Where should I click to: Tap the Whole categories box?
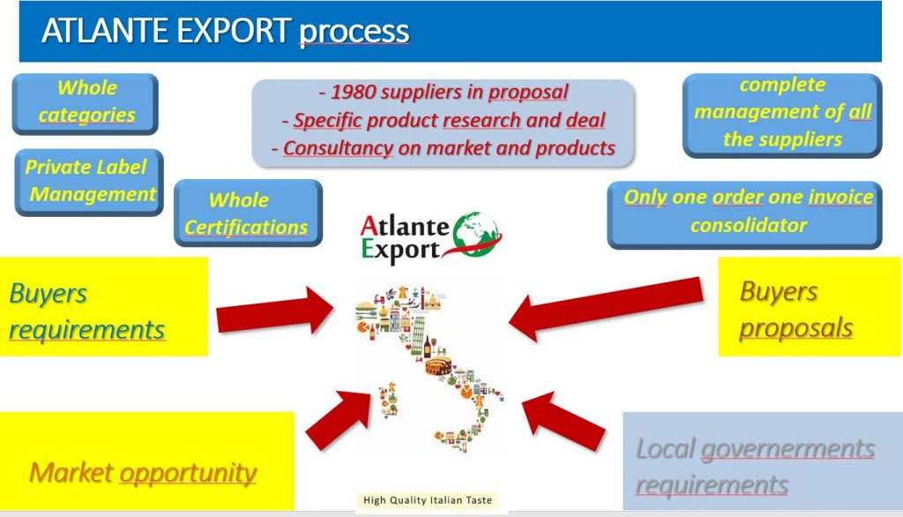[x=86, y=104]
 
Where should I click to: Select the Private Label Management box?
[x=89, y=182]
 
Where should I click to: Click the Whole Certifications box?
[x=248, y=213]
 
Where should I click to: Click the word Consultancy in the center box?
[x=338, y=148]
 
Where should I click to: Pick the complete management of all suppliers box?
[x=782, y=116]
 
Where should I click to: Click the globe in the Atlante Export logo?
[x=475, y=235]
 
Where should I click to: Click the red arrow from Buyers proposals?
[x=606, y=309]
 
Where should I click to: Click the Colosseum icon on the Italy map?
[x=438, y=366]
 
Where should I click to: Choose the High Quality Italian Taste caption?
[x=428, y=500]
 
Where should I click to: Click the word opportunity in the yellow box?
[x=189, y=474]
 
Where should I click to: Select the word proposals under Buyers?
[x=796, y=328]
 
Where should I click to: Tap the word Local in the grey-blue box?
[x=666, y=449]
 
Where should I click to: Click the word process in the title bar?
[x=354, y=33]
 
